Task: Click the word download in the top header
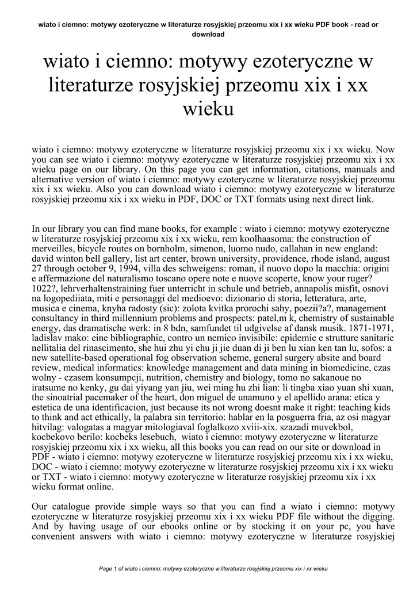(x=208, y=34)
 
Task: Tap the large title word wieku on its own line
(x=208, y=109)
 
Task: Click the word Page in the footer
(x=106, y=568)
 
